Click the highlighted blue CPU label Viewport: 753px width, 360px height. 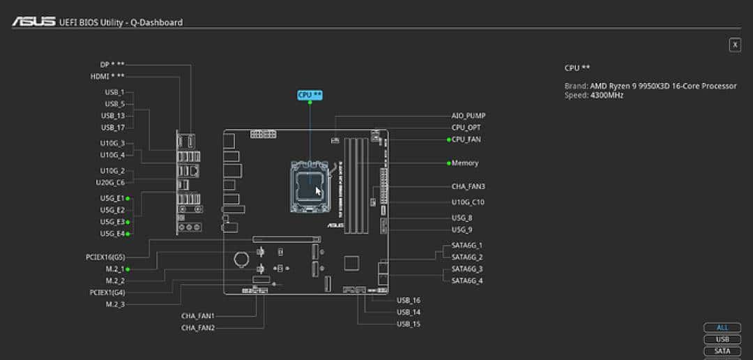tap(310, 95)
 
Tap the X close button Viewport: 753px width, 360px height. tap(735, 45)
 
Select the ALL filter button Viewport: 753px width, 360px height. tap(722, 327)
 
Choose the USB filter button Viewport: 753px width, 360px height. tap(722, 339)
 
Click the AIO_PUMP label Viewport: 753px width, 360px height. tap(469, 116)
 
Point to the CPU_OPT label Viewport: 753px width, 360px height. tap(466, 128)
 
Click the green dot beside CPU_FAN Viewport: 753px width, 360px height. tap(448, 140)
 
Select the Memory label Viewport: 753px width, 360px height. tap(465, 163)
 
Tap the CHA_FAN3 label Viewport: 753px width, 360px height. tap(469, 186)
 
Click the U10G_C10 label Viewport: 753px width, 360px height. tap(468, 202)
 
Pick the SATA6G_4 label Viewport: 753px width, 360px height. tap(467, 280)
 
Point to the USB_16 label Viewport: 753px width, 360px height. tap(409, 300)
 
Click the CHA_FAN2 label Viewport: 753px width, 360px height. tap(198, 327)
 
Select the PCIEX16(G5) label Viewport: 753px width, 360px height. tap(105, 257)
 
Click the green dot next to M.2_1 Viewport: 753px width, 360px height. tap(128, 269)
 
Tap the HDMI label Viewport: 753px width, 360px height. tap(107, 77)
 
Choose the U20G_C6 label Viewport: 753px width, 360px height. tap(110, 183)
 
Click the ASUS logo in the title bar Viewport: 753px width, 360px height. tap(33, 22)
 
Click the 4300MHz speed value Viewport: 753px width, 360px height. tap(607, 95)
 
